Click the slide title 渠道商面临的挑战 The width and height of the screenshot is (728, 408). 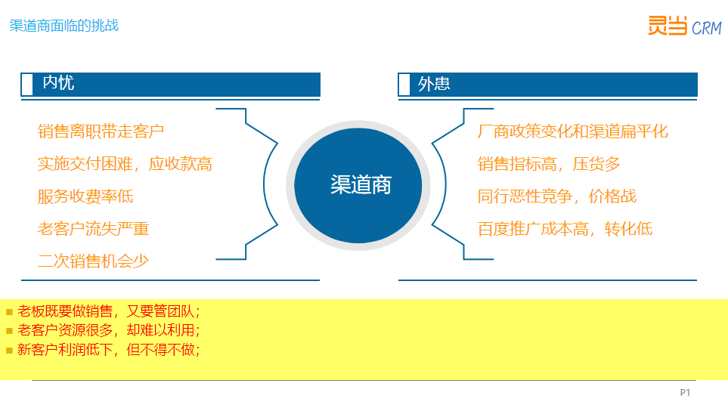64,26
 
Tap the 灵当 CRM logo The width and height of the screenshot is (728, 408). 685,26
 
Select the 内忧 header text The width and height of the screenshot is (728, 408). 58,82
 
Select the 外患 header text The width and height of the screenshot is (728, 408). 434,84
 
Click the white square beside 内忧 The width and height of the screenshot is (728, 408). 27,85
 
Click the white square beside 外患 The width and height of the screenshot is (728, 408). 404,85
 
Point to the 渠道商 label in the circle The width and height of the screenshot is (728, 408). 361,185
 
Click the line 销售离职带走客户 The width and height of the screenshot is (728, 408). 101,131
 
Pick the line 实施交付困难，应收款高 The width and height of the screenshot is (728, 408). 125,164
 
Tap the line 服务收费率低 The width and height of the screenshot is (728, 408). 85,196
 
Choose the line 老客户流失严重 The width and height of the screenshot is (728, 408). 93,229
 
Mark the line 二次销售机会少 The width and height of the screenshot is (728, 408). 93,261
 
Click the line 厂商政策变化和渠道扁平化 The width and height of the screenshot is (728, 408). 573,131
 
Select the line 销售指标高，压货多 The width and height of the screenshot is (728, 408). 549,164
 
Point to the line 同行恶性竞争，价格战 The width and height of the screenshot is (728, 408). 556,196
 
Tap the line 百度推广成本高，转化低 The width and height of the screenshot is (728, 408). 565,229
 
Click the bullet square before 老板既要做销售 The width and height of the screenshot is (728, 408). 9,312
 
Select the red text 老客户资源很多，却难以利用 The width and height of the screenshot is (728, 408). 109,330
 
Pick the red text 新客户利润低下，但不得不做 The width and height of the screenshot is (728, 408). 109,350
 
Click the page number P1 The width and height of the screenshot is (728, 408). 685,393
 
